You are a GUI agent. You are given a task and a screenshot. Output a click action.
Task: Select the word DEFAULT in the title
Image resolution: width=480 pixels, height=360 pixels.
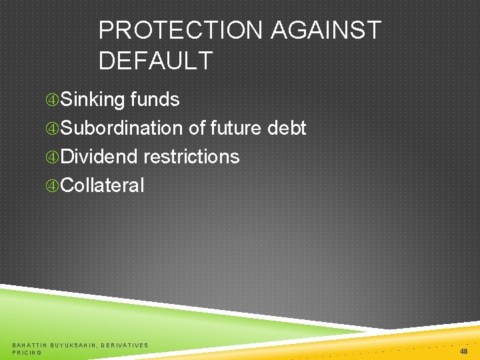click(155, 61)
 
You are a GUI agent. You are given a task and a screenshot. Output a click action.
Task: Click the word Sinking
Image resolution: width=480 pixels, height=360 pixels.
click(93, 99)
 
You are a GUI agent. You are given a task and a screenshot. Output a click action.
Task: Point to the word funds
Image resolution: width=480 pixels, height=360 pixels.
click(155, 99)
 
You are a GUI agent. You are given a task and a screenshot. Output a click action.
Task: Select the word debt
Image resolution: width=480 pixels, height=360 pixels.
click(287, 128)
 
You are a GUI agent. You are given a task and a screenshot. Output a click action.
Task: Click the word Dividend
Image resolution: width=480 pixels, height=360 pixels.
click(99, 157)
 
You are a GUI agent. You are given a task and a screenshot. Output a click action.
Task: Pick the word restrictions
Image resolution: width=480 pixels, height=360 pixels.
click(191, 157)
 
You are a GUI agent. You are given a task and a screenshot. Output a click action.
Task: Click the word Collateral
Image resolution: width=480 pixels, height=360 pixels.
click(102, 185)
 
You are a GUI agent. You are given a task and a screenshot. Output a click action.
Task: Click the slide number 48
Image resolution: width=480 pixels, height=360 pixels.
click(463, 351)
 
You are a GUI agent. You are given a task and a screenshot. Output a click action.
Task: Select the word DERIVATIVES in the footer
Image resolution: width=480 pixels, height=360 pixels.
click(125, 345)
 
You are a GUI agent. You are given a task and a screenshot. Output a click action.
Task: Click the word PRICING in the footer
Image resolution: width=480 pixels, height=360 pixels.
click(27, 352)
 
